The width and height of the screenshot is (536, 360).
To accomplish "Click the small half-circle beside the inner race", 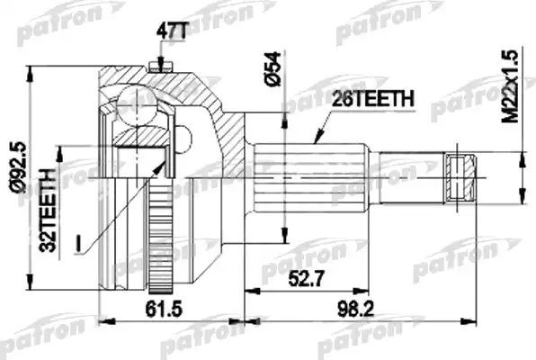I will (x=183, y=139).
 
